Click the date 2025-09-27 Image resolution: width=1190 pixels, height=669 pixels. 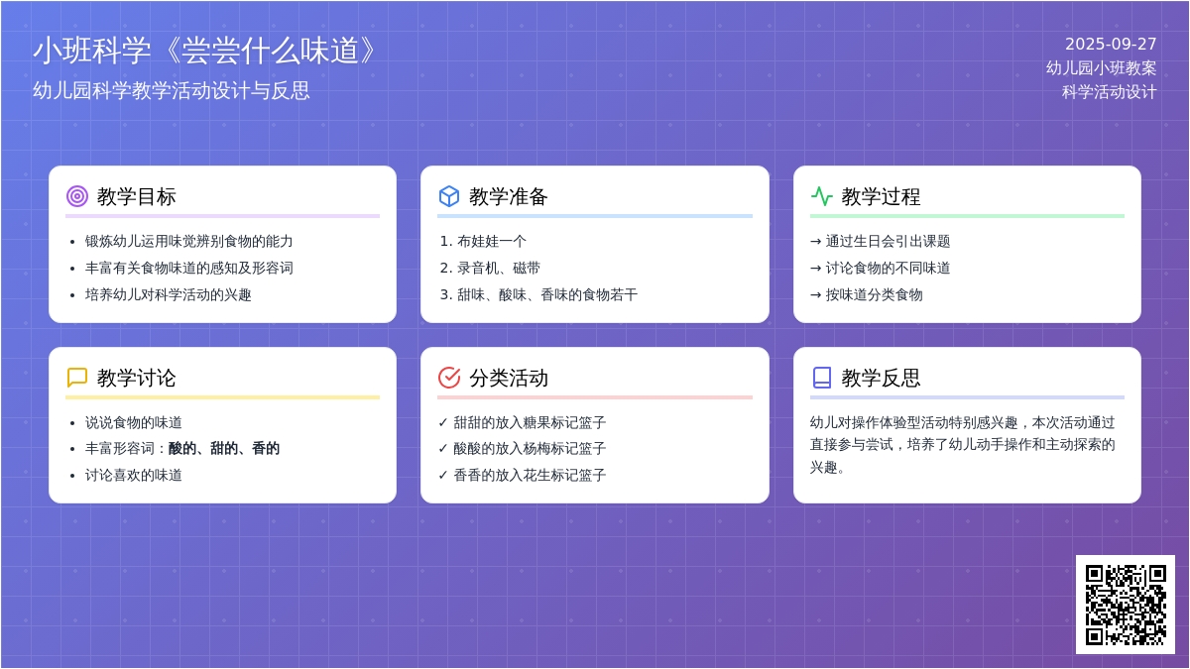[x=1111, y=44]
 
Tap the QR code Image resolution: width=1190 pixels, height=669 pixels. [x=1126, y=605]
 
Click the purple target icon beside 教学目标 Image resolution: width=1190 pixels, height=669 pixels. [x=77, y=196]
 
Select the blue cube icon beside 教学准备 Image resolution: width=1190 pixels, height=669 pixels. [x=449, y=196]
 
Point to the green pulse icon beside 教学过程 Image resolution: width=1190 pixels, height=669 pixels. [x=821, y=196]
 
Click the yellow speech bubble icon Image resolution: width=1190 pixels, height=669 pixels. [x=77, y=378]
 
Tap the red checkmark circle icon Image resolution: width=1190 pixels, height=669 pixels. [x=449, y=378]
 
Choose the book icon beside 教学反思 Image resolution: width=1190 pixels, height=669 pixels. [x=822, y=378]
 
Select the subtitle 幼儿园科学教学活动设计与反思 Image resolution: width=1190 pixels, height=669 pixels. [x=171, y=91]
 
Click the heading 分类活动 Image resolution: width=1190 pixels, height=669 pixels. [x=509, y=378]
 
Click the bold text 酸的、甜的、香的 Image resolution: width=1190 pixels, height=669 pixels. [x=224, y=449]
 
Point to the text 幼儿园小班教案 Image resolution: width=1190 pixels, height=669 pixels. [x=1101, y=68]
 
